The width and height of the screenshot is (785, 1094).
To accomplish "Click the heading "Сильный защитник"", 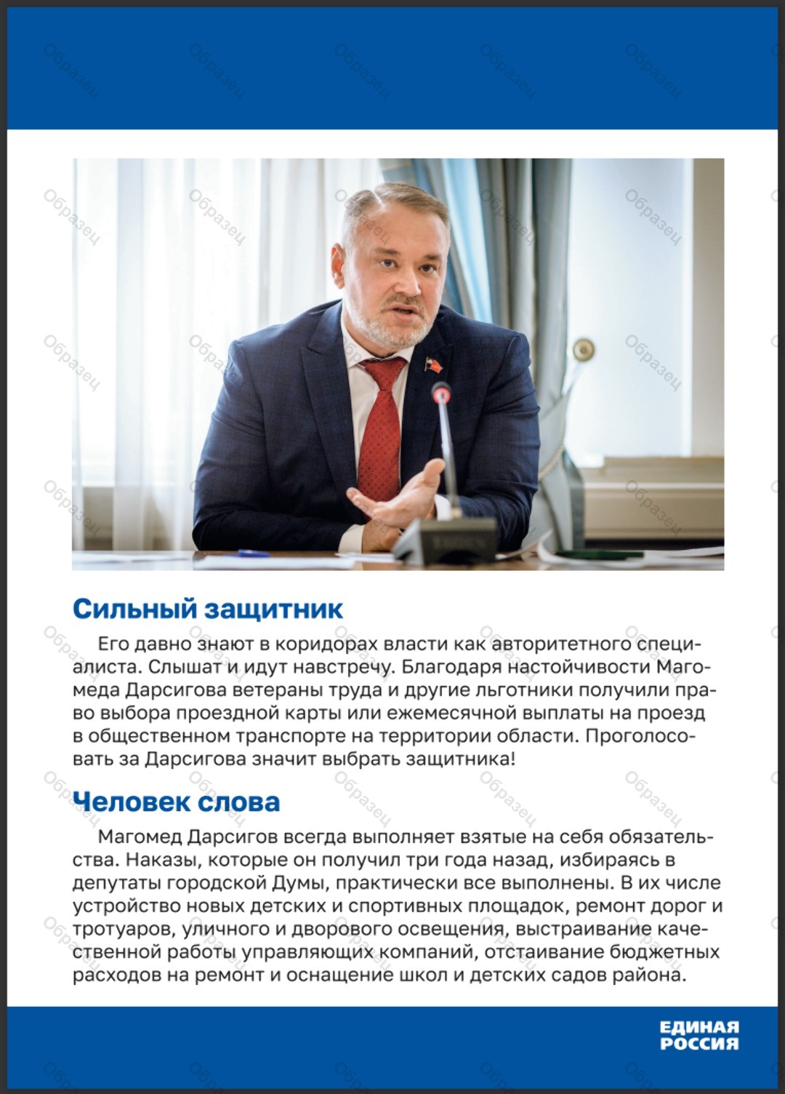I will pyautogui.click(x=207, y=609).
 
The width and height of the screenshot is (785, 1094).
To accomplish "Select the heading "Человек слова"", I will pyautogui.click(x=176, y=802).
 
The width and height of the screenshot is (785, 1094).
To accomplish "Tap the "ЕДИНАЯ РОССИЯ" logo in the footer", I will pyautogui.click(x=699, y=1035).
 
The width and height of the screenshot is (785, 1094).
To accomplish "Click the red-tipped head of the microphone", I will pyautogui.click(x=440, y=394).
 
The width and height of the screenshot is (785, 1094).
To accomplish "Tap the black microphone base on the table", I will pyautogui.click(x=445, y=542).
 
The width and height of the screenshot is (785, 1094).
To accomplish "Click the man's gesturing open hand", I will pyautogui.click(x=398, y=495).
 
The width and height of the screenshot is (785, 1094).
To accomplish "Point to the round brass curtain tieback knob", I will pyautogui.click(x=583, y=349).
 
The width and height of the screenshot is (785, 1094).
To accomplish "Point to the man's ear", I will pyautogui.click(x=339, y=261).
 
